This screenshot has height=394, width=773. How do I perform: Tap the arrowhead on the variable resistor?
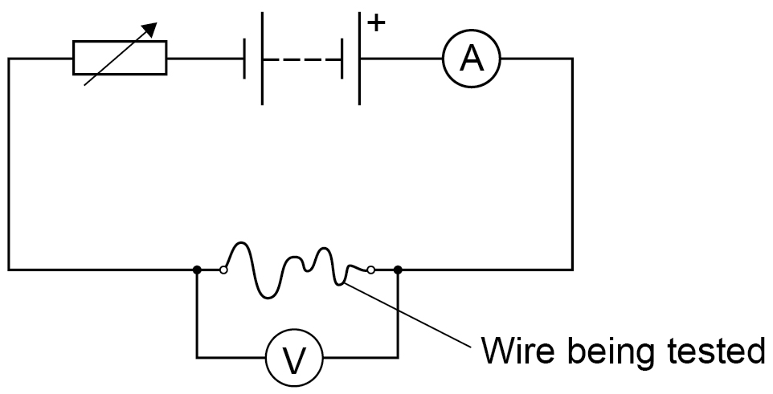point(149,30)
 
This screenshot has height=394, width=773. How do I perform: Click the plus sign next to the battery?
point(376,22)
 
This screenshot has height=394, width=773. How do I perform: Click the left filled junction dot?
point(197,270)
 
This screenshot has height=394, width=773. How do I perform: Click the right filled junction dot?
point(398,270)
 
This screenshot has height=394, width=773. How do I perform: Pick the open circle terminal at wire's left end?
point(223,270)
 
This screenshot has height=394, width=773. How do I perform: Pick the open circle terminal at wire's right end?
point(370,270)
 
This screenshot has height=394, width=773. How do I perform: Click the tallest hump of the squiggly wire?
point(240,243)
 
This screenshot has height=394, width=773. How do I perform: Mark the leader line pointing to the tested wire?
point(409,315)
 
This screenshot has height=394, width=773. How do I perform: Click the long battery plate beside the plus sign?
point(359,59)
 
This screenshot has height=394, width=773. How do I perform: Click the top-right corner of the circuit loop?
point(572,59)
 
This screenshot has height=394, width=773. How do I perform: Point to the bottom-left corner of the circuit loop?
point(8,270)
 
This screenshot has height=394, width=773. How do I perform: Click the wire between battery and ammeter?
point(402,59)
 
